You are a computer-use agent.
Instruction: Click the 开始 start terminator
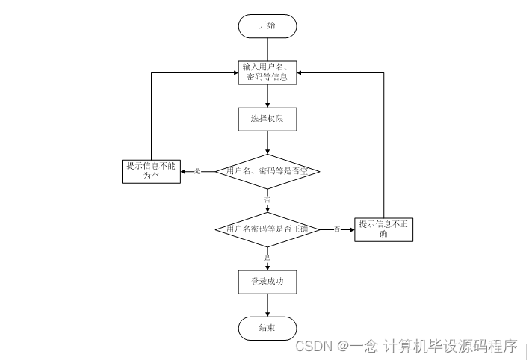tap(267, 25)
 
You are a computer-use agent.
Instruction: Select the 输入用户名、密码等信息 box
tap(267, 72)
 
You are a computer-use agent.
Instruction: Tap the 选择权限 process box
tap(267, 118)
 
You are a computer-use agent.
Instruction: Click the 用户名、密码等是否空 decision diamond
tap(267, 171)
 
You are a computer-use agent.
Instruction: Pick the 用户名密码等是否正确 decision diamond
tap(267, 229)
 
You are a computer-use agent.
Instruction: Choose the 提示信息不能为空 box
tap(151, 171)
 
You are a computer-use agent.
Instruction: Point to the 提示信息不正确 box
tap(383, 229)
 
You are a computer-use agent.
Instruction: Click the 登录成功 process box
tap(267, 282)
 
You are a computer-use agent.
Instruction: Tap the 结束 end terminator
tap(267, 329)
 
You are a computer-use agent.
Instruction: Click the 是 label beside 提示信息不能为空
tap(198, 172)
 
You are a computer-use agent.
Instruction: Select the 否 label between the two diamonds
tap(267, 200)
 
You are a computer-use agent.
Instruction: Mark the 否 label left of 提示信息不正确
tap(338, 229)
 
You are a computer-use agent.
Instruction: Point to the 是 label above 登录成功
tap(267, 258)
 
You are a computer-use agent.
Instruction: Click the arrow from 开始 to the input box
tap(267, 48)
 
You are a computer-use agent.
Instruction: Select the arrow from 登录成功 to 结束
tap(267, 305)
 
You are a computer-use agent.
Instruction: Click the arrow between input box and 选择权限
tap(267, 96)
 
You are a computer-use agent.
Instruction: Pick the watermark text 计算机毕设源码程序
tap(451, 347)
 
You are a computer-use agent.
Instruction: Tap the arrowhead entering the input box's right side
tap(301, 73)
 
